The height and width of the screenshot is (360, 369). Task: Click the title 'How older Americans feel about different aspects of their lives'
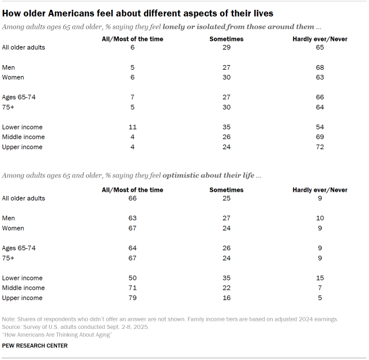(138, 12)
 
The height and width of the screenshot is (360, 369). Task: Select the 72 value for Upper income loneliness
(320, 147)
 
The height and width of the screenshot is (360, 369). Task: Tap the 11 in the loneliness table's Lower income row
(133, 127)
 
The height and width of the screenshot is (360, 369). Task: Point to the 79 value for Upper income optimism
(133, 298)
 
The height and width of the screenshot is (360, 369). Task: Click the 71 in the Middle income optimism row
(133, 287)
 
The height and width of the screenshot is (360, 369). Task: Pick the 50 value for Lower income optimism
(133, 278)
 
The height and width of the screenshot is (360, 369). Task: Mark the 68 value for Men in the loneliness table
(320, 67)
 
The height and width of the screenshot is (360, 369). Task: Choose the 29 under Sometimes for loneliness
(227, 47)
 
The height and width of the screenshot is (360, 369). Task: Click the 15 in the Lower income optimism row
(320, 278)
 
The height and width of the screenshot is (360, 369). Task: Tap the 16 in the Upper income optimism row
(227, 298)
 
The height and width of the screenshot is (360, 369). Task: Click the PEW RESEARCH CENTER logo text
(35, 346)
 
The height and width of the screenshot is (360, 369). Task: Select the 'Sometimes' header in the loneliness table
(227, 39)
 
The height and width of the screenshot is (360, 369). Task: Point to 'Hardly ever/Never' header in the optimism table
(320, 190)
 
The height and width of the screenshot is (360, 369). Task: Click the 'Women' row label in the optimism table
(13, 228)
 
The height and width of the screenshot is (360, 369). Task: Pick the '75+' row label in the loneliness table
(9, 107)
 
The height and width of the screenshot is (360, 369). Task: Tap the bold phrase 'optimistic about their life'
(211, 175)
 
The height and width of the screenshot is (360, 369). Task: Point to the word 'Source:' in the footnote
(13, 326)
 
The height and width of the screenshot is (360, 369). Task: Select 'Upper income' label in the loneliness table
(22, 147)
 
